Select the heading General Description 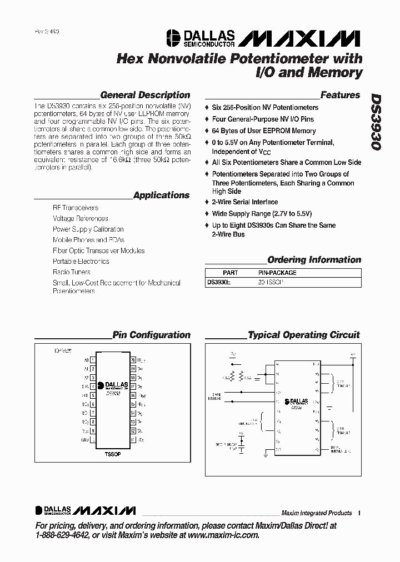point(145,95)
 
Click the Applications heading point(161,195)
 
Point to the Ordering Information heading point(314,260)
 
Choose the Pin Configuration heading point(151,335)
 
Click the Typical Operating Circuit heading point(303,335)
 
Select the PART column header point(230,273)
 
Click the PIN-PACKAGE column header point(277,273)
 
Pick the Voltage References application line point(81,218)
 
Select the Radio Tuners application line point(72,272)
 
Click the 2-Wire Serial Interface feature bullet point(244,202)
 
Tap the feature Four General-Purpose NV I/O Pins point(262,119)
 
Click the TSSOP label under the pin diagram point(113,453)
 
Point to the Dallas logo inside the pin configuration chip point(113,384)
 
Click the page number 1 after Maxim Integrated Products point(359,513)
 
